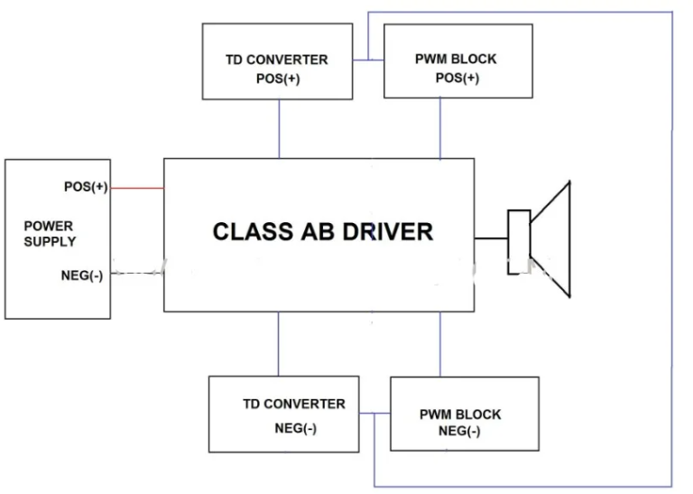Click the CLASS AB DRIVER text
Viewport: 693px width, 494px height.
(x=322, y=231)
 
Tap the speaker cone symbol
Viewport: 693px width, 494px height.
(x=553, y=238)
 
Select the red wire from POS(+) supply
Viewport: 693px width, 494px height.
(x=136, y=188)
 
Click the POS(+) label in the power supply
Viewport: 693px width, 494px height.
(x=86, y=187)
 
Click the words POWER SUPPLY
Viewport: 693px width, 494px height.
(x=50, y=234)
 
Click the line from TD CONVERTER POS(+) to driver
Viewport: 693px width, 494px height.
(x=279, y=128)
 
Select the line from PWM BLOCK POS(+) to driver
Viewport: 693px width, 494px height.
(x=440, y=128)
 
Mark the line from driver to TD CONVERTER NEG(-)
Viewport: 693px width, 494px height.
(x=279, y=343)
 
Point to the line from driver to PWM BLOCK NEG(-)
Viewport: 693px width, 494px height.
(x=440, y=344)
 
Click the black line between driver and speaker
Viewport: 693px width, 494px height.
(x=491, y=239)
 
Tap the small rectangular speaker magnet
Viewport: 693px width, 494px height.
(x=518, y=241)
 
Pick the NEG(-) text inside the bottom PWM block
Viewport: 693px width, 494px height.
(x=458, y=431)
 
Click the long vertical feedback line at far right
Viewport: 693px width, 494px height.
(x=672, y=253)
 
